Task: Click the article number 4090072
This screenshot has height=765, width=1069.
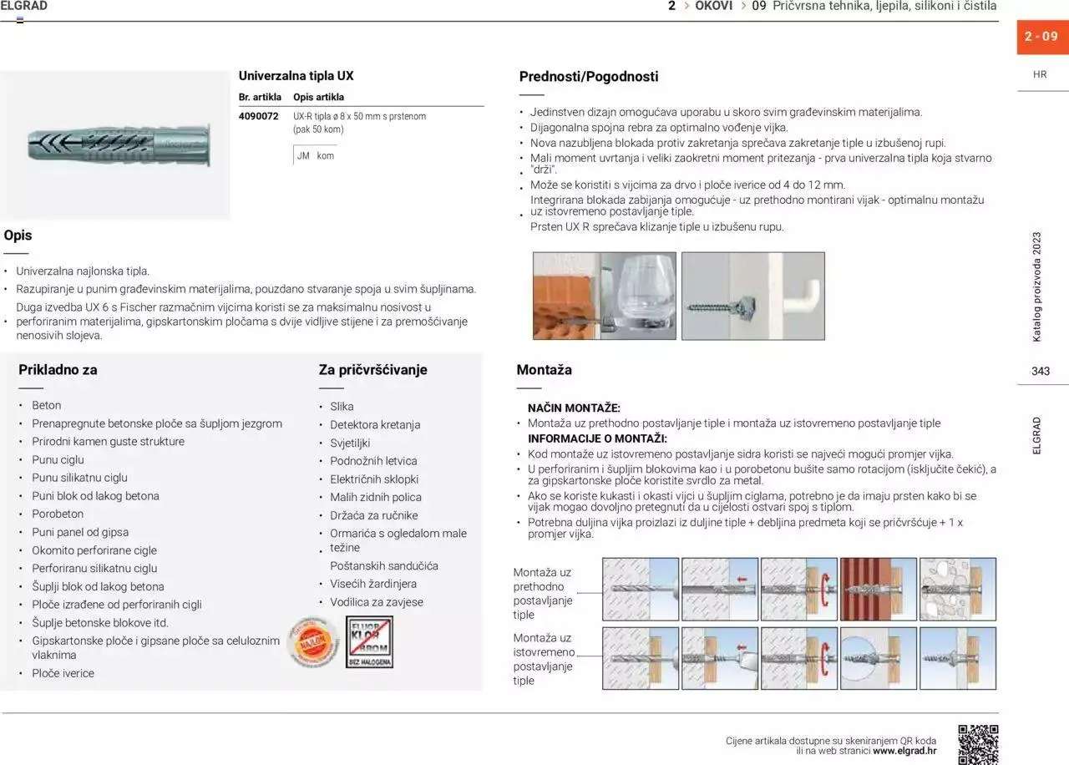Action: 258,116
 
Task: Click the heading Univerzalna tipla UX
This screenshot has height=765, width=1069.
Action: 296,75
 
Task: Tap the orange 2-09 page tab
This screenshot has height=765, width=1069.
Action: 1041,37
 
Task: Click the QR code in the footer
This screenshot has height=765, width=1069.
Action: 977,744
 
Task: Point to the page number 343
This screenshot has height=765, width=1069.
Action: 1041,371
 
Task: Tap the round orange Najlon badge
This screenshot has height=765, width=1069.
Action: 312,642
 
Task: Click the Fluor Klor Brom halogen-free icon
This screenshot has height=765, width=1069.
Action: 369,641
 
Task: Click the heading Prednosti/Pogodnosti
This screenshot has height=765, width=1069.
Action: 588,77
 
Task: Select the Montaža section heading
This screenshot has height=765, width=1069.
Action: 544,369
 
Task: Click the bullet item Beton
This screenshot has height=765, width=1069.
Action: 46,405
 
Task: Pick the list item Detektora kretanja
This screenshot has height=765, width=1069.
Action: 375,424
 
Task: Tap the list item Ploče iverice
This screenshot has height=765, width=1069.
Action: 63,673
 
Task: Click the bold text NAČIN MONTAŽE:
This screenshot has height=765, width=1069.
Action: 574,408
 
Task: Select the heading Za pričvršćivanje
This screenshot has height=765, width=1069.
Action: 372,369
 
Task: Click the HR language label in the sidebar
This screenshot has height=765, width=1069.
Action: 1040,74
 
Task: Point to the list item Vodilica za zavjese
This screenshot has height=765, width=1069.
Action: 376,601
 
